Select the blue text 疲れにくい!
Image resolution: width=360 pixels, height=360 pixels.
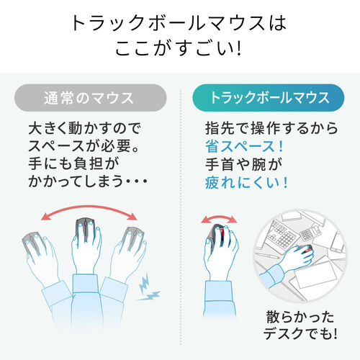click(246, 183)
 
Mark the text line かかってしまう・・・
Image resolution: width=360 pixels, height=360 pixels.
click(90, 183)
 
